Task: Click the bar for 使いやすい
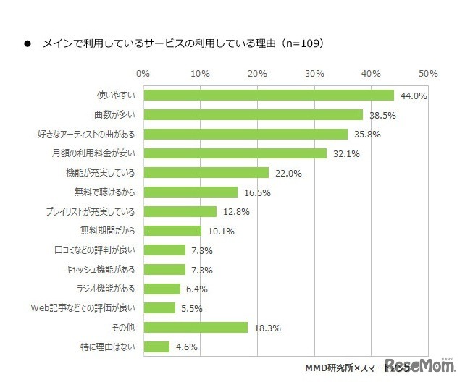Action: coord(269,95)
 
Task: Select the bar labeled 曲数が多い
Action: coord(253,114)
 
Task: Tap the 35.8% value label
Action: coord(366,134)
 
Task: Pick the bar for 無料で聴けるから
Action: coord(190,192)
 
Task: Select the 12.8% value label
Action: coord(235,212)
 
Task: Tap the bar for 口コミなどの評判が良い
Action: coord(164,250)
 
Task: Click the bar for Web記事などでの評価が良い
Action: coord(159,308)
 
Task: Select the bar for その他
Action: coord(196,328)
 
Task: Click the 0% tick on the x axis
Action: coord(143,74)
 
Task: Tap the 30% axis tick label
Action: coord(315,74)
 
